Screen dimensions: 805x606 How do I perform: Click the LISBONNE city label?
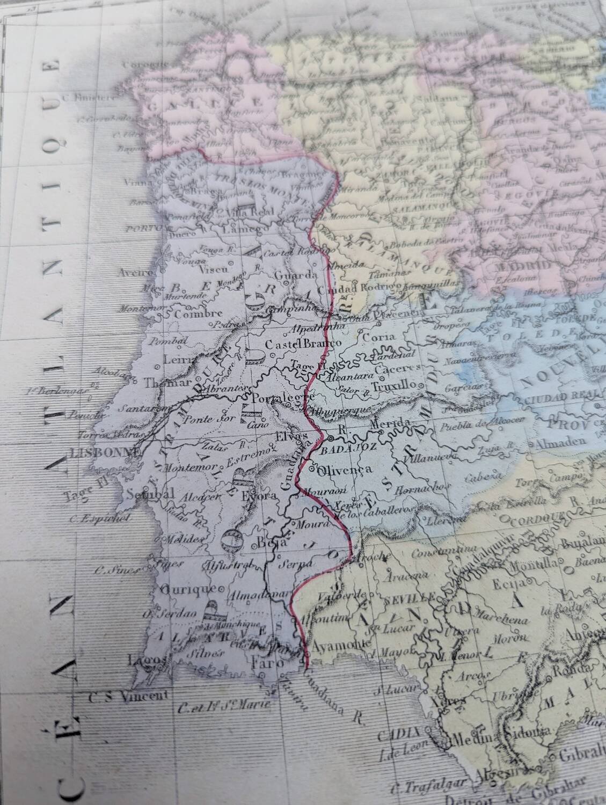point(97,453)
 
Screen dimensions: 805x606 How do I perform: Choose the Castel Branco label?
point(304,343)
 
